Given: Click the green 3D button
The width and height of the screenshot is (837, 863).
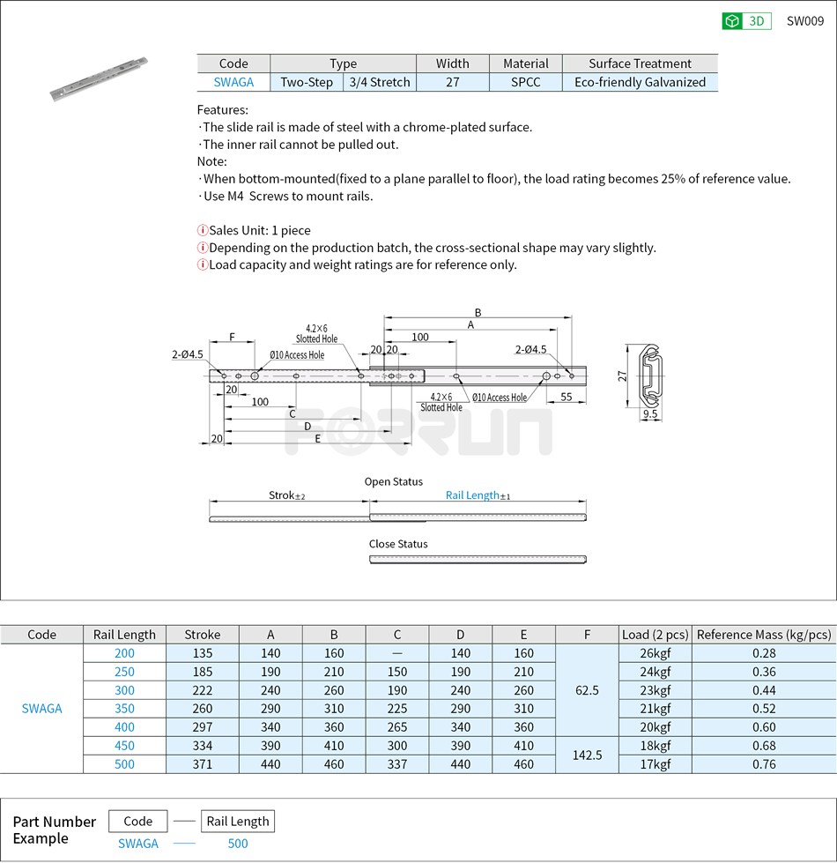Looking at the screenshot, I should [746, 21].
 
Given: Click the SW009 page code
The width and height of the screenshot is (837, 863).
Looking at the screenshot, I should [804, 21].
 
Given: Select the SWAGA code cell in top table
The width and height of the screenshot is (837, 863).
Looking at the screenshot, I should [233, 82].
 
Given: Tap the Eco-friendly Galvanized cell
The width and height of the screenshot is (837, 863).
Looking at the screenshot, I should [640, 82].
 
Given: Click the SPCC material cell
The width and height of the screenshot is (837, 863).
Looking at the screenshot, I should [526, 82].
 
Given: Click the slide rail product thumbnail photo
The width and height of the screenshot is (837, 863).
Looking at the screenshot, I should [99, 80].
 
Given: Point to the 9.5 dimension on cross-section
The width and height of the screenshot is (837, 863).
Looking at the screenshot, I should [650, 413].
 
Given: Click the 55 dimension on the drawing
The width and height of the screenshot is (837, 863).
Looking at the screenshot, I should [567, 397].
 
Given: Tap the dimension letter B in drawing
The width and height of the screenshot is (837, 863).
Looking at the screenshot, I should [478, 312].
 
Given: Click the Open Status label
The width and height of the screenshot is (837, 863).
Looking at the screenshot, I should [394, 482].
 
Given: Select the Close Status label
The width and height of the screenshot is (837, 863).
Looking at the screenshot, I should [398, 544].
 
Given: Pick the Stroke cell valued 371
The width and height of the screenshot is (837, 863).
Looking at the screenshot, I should [203, 764].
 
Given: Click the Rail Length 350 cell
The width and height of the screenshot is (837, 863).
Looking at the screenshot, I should [124, 709].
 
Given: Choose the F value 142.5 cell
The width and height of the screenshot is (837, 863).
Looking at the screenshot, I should [587, 755].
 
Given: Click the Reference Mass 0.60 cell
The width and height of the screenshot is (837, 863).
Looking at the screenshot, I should [764, 727].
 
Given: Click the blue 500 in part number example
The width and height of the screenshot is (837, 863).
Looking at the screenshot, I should [238, 844].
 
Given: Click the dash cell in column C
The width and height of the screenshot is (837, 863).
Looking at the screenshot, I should [397, 653].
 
